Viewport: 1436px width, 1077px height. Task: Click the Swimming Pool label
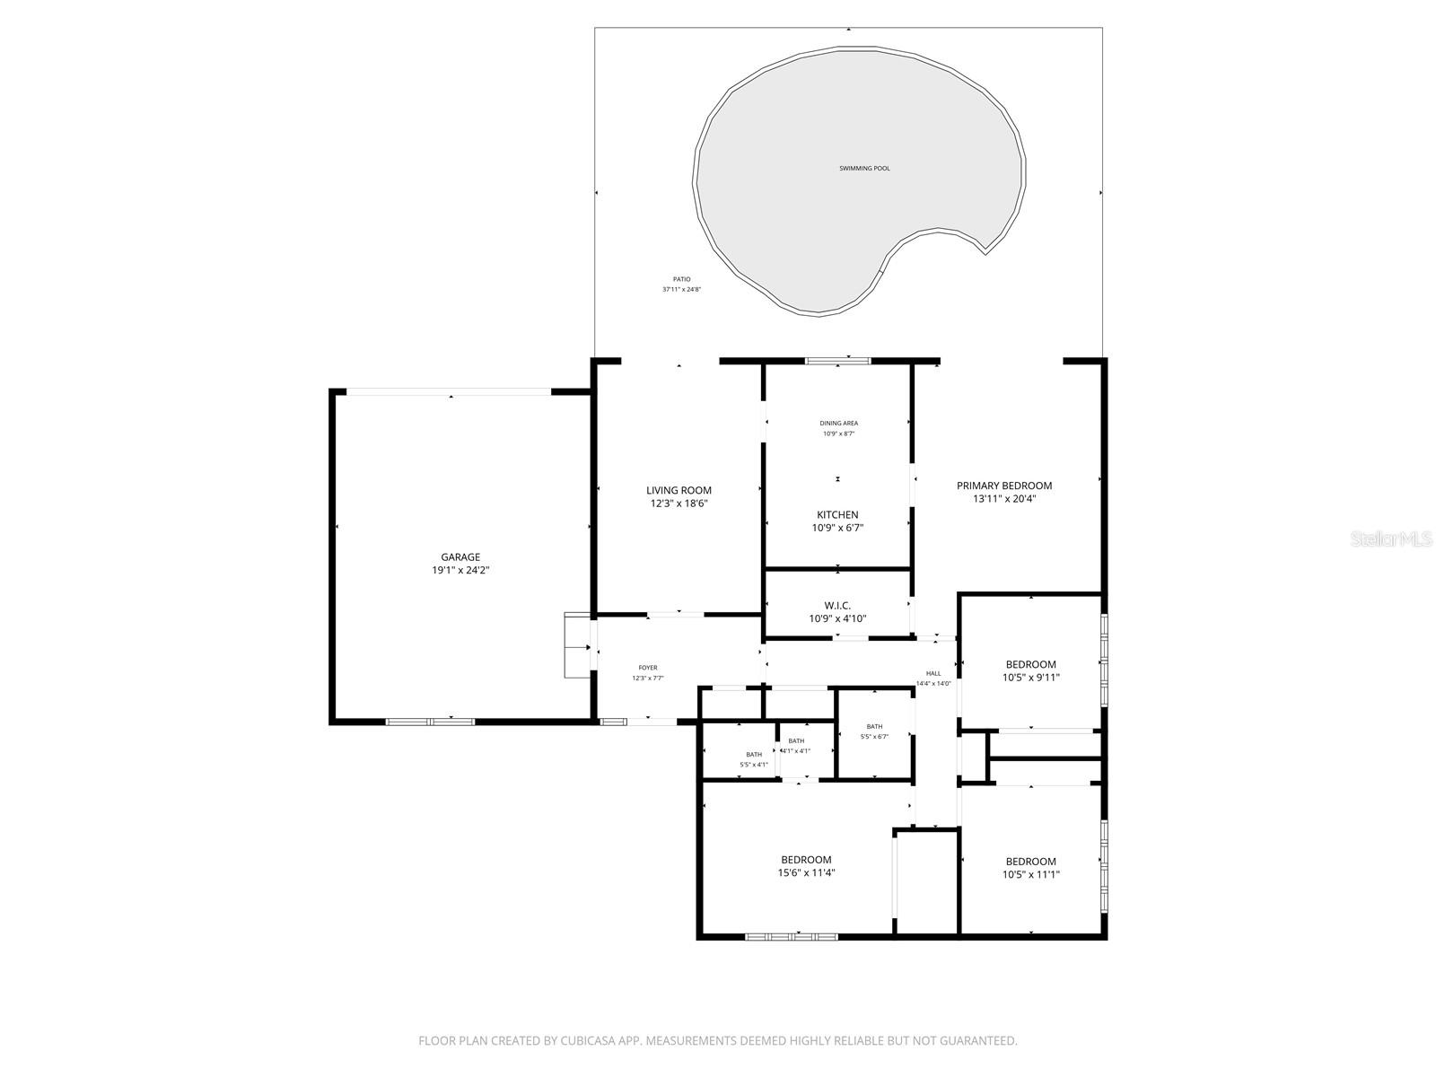(x=864, y=169)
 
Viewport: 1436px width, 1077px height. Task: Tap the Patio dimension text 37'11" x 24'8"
(x=682, y=290)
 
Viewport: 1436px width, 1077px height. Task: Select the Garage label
(x=460, y=557)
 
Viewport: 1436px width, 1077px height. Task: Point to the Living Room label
(x=679, y=490)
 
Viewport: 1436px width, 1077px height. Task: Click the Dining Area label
(x=838, y=423)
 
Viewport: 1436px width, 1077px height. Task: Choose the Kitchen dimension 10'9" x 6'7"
(x=837, y=529)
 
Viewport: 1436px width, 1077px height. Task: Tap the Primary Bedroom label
(x=1003, y=486)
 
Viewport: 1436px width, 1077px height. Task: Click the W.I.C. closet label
(x=836, y=606)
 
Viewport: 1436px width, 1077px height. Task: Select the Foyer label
(x=647, y=668)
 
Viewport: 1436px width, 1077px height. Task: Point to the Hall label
(x=933, y=673)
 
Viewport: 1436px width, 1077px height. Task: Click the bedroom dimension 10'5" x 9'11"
(x=1030, y=679)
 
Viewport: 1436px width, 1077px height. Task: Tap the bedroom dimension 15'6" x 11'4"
(x=806, y=873)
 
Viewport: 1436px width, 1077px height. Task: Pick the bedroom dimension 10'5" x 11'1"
(x=1030, y=875)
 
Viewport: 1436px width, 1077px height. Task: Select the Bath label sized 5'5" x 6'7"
(x=874, y=727)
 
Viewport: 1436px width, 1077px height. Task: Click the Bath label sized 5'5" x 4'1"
(x=754, y=755)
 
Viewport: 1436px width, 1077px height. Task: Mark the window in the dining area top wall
(x=837, y=361)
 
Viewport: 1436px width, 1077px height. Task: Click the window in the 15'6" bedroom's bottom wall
(x=792, y=937)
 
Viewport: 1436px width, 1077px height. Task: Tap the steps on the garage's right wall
(x=575, y=646)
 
